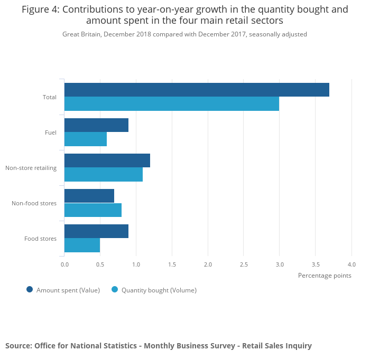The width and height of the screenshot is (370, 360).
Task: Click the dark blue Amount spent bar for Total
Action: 197,90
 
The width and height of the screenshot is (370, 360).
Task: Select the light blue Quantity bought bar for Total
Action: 172,104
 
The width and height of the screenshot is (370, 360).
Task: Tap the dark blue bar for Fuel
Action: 96,125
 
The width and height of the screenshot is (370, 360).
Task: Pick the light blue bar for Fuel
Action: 86,139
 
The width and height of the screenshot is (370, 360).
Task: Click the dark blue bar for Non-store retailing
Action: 107,160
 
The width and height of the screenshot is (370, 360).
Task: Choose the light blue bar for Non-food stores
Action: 93,210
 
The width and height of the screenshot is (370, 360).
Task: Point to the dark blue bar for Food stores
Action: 96,231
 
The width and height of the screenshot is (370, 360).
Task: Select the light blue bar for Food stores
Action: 82,245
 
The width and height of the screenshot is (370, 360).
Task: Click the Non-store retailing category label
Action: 31,168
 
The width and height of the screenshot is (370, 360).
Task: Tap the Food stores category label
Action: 40,239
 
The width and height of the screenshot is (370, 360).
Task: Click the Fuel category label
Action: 51,132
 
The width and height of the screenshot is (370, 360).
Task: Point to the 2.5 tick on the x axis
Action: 244,264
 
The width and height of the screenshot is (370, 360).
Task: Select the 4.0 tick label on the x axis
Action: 351,264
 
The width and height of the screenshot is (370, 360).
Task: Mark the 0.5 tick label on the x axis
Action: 100,264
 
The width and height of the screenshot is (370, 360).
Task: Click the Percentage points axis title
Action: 325,275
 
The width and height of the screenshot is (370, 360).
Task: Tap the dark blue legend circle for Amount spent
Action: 30,289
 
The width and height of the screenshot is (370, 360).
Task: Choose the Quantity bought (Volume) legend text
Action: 159,290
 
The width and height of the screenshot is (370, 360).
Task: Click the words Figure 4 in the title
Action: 40,10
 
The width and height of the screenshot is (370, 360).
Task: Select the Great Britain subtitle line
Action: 184,34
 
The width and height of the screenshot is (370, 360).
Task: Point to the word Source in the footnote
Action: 18,346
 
